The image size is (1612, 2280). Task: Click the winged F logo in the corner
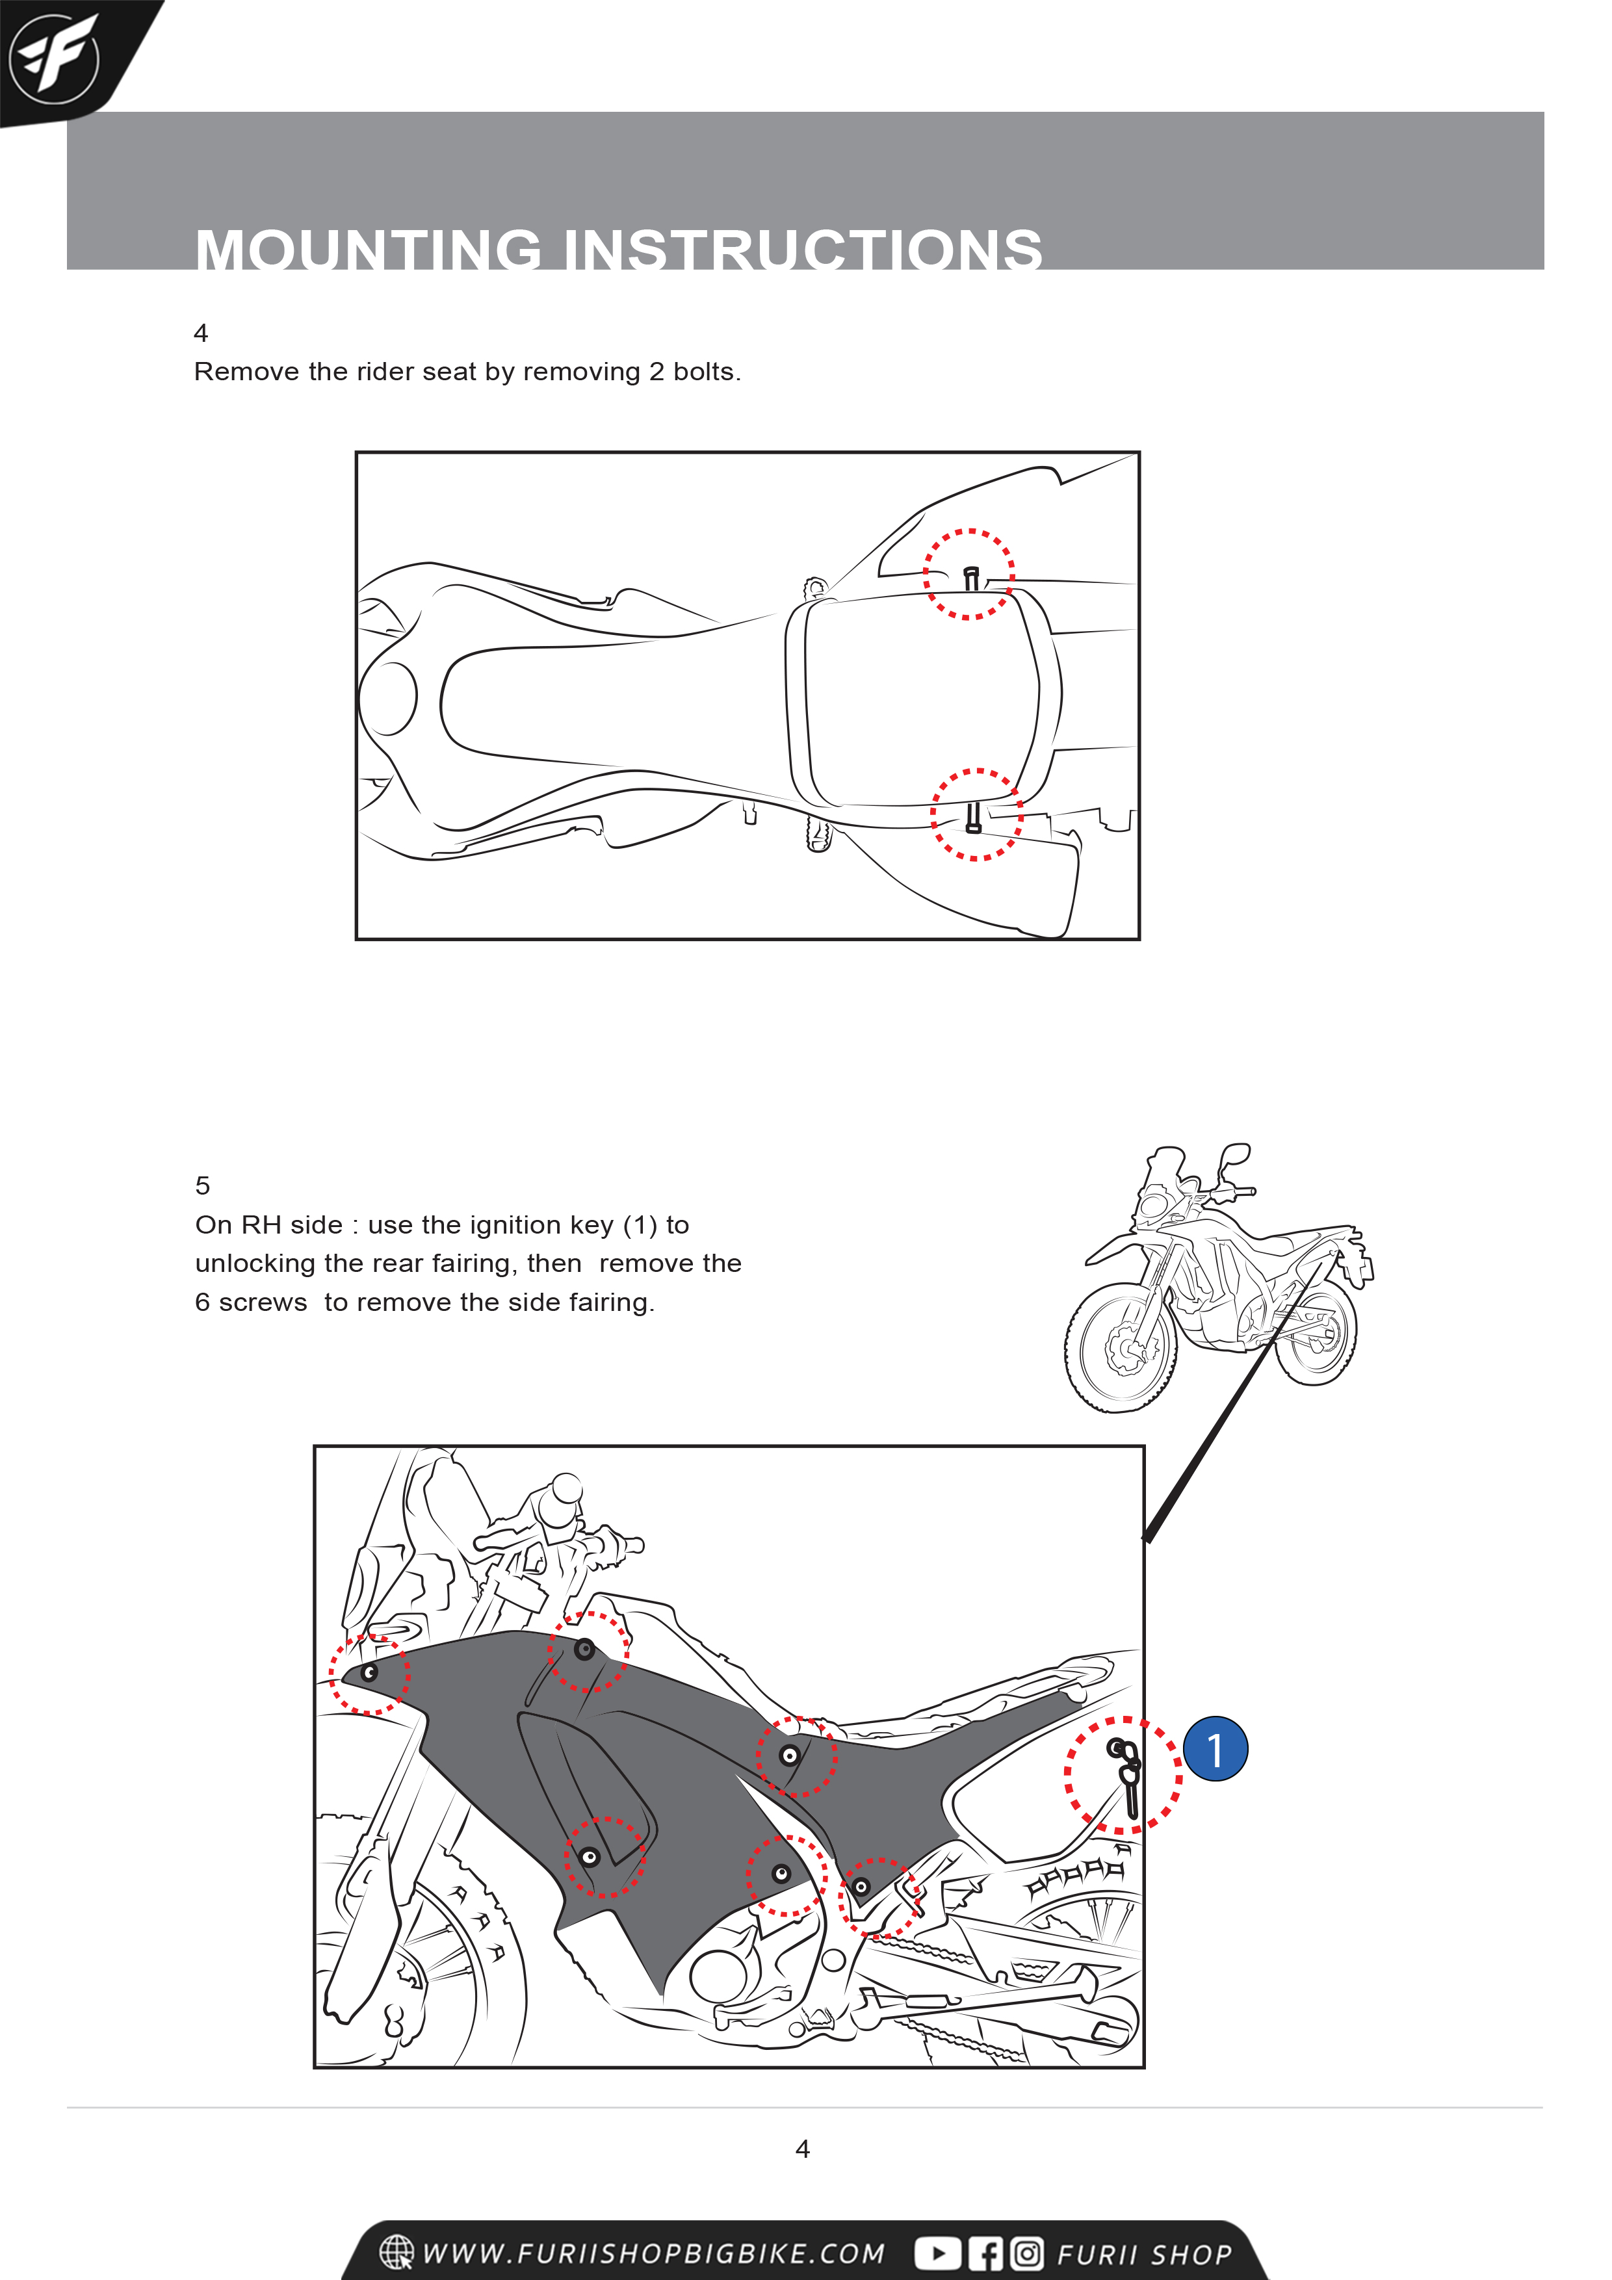(54, 58)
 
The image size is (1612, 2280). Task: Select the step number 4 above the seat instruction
(201, 333)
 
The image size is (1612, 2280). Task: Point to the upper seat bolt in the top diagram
(971, 577)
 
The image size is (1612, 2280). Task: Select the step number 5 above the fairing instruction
(203, 1185)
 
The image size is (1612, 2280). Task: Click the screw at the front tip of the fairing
(369, 1673)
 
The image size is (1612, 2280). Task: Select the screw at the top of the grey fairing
(585, 1650)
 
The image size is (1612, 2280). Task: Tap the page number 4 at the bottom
(803, 2149)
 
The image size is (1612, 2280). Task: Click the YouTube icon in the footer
(937, 2253)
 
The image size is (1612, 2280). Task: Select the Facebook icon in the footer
(985, 2253)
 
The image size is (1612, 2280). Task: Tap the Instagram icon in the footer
(1027, 2253)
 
